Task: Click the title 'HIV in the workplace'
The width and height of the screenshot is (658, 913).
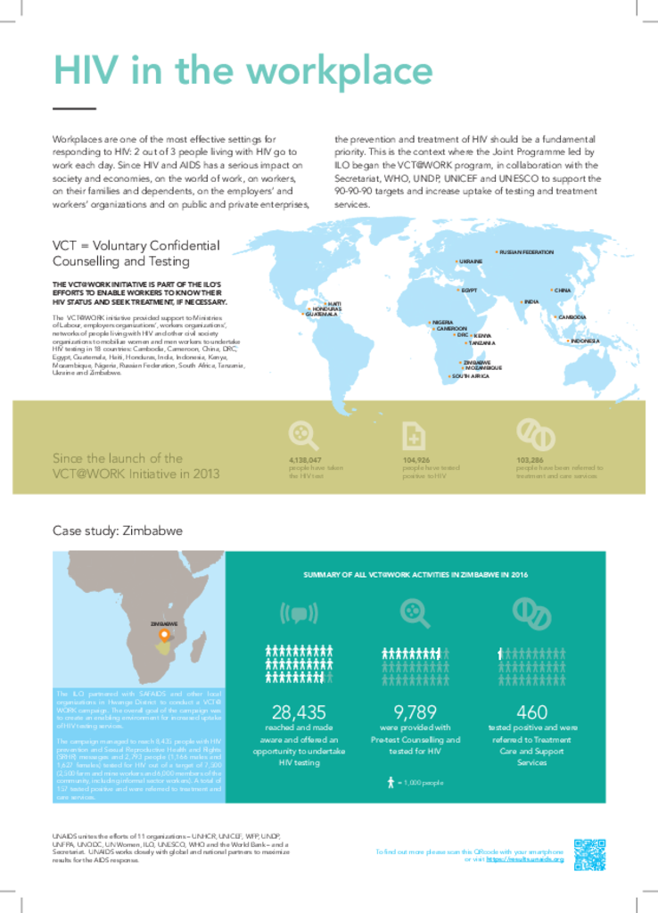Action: [x=243, y=70]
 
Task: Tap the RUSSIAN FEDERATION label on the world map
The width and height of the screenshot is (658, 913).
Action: [x=526, y=252]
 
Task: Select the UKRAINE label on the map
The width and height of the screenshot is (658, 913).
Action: [x=471, y=261]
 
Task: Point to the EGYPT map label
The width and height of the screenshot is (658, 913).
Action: [x=469, y=291]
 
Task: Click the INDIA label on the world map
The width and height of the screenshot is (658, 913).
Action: [x=531, y=302]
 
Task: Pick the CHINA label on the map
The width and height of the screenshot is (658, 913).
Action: [x=562, y=291]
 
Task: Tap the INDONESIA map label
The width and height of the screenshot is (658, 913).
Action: [x=585, y=341]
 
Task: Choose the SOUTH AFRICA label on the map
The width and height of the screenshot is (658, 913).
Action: [x=470, y=377]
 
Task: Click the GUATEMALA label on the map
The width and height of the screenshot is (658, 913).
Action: [x=321, y=315]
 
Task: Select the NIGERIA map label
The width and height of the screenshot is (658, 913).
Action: [x=443, y=322]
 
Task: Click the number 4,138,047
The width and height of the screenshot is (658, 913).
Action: [x=305, y=460]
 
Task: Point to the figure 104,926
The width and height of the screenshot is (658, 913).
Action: [x=417, y=460]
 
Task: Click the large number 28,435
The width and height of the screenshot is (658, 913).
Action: [x=299, y=712]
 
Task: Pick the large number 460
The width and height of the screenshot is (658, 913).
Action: [x=531, y=712]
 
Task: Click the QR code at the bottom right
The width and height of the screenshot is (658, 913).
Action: [x=589, y=854]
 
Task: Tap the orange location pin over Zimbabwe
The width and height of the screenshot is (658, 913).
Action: [x=163, y=636]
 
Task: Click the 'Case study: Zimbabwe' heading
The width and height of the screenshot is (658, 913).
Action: [x=118, y=531]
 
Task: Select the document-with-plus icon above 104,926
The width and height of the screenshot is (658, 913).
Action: [x=415, y=435]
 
